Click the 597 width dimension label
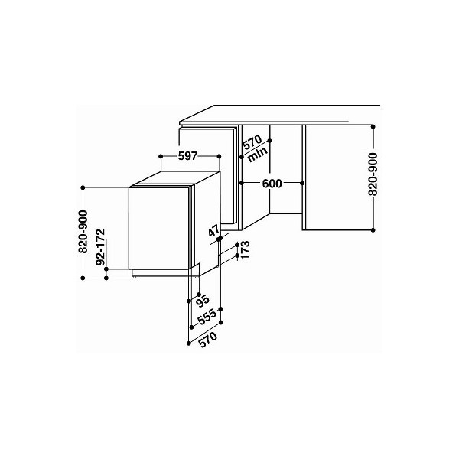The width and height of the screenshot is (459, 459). [x=187, y=156]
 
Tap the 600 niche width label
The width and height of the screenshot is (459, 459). [x=272, y=184]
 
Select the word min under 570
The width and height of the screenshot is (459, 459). [x=258, y=155]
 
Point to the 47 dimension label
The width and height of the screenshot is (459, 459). [x=214, y=231]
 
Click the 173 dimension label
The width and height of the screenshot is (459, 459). [x=245, y=249]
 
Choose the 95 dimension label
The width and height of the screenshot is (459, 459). [x=203, y=301]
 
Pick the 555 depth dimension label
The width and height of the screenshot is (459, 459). [x=207, y=317]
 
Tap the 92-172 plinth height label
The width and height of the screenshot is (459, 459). [x=100, y=247]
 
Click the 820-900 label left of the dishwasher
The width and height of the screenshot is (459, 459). [x=83, y=232]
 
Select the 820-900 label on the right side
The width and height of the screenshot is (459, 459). [x=373, y=174]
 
